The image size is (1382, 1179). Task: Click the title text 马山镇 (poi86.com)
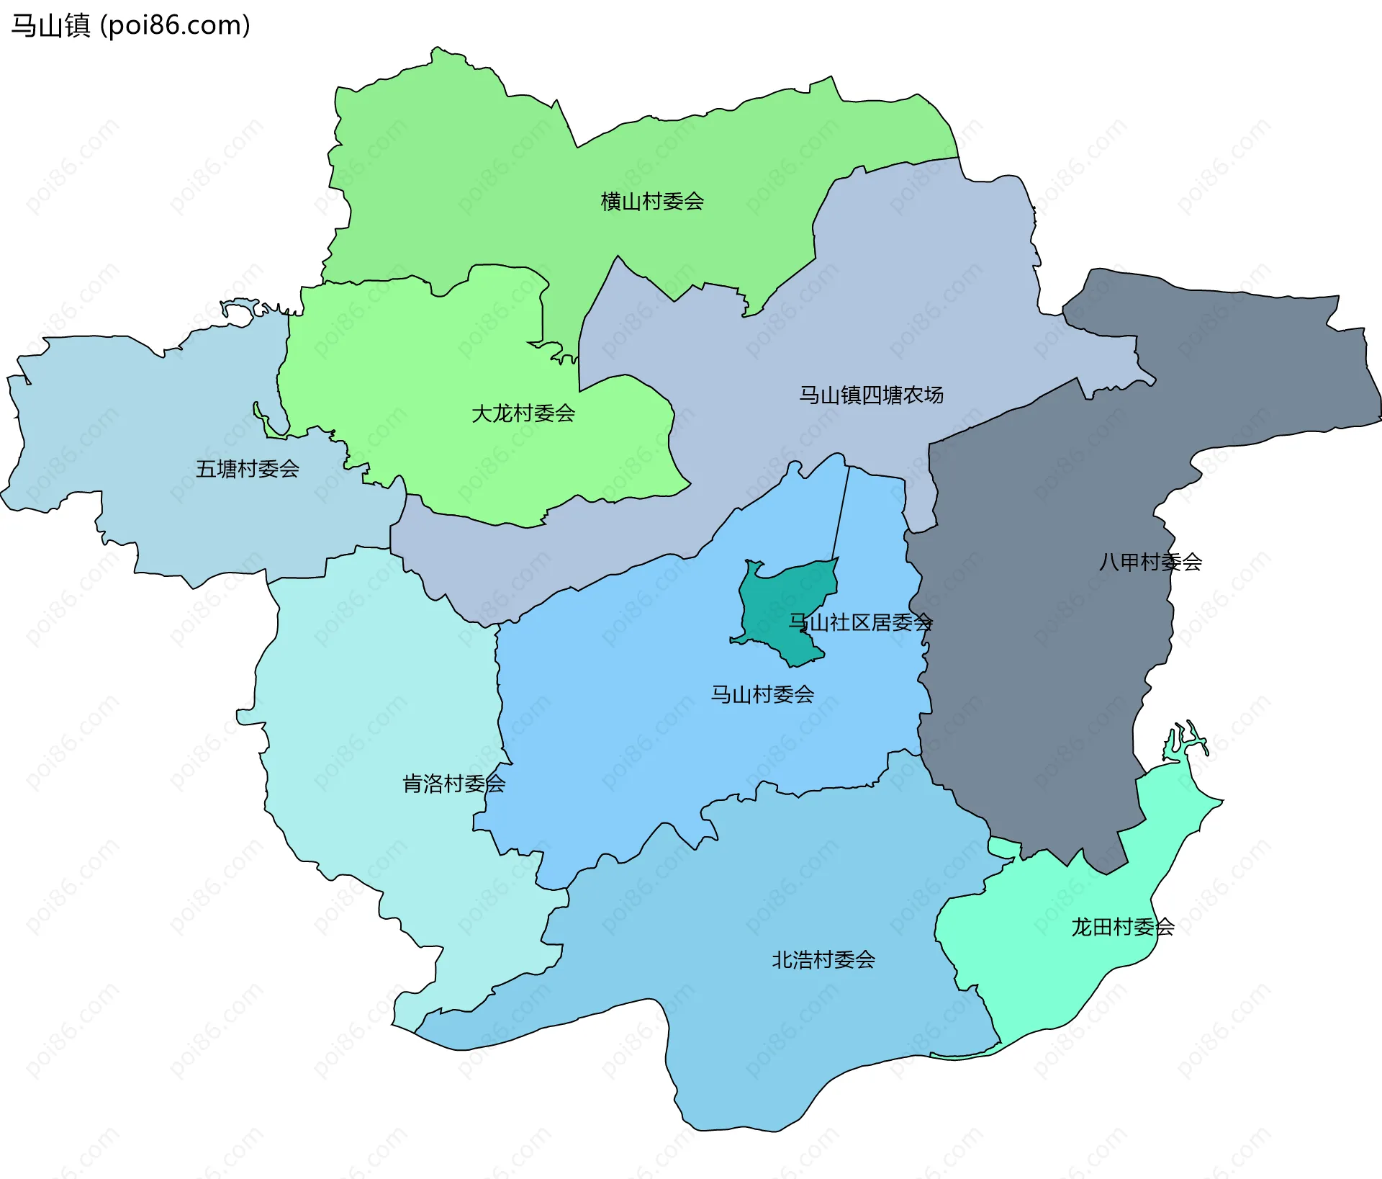click(130, 25)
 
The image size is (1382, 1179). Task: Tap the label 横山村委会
click(652, 201)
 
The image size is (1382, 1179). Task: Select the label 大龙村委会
click(523, 413)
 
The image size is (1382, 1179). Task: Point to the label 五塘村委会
click(248, 469)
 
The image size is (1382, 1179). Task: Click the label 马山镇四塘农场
click(871, 395)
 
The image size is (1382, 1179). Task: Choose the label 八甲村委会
click(1150, 562)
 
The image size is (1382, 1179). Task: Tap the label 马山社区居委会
click(861, 622)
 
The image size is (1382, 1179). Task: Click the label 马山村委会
click(762, 694)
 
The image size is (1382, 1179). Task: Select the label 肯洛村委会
click(453, 784)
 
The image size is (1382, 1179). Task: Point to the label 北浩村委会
click(823, 959)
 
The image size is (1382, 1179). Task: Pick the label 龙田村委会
click(1122, 927)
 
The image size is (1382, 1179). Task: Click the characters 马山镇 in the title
click(50, 25)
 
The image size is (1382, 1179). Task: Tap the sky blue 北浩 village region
click(756, 1023)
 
